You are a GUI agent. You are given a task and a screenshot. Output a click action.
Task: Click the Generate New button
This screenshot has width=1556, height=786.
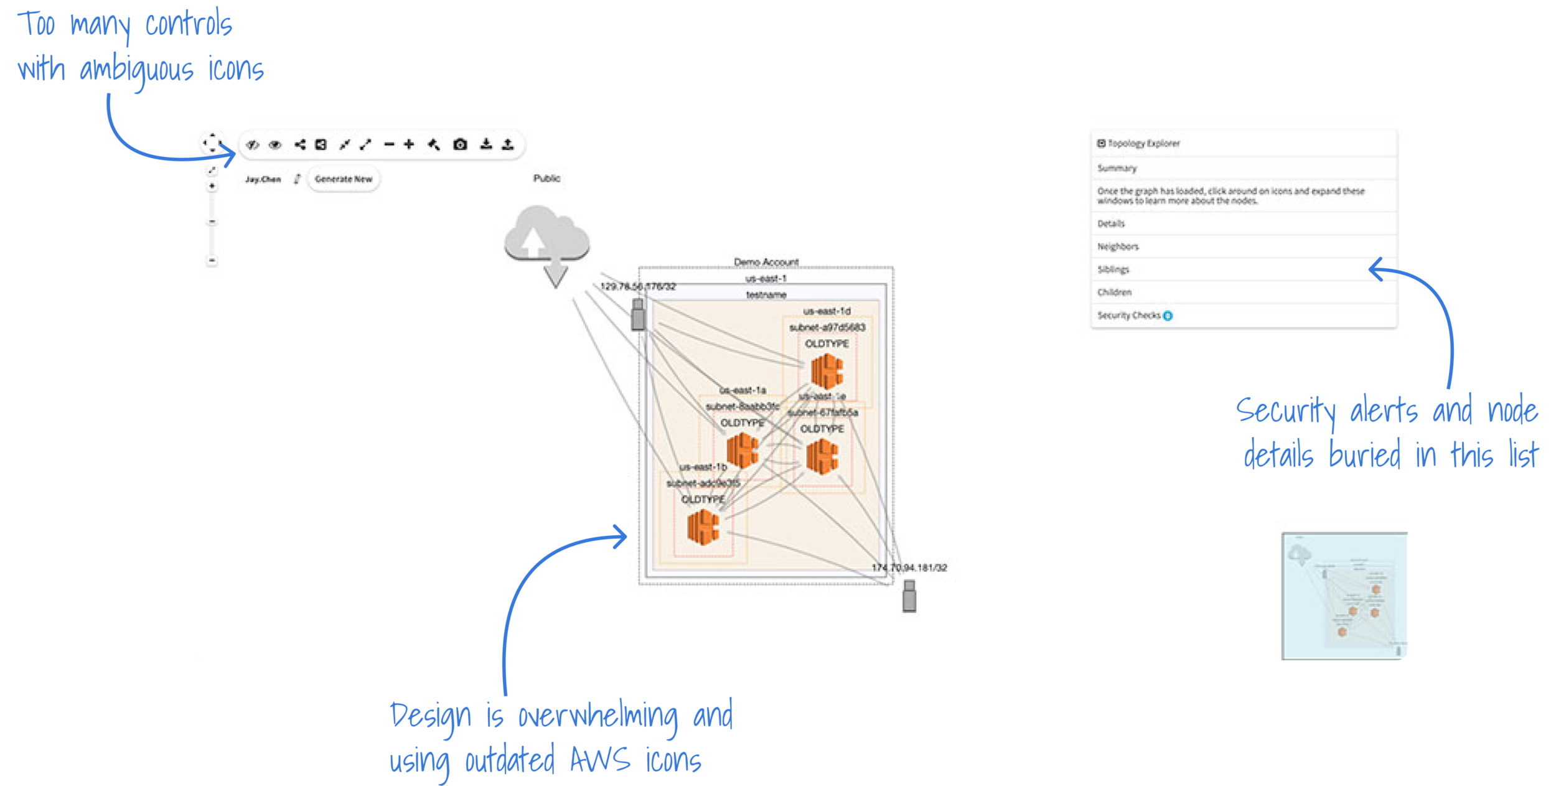343,179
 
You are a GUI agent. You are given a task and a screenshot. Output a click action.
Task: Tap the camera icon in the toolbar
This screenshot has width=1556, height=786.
460,144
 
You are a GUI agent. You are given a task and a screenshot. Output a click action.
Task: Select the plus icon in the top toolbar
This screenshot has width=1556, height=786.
409,144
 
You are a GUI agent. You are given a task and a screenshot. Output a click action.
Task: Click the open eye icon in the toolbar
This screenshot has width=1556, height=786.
275,145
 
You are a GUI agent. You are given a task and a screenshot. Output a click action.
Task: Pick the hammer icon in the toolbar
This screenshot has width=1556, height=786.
434,145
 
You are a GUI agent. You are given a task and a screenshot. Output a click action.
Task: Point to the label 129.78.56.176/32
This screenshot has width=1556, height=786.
638,286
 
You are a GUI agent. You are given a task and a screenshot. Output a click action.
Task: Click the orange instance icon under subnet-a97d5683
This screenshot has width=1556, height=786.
827,372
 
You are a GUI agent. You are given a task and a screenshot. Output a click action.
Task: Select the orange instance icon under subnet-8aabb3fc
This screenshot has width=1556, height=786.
743,451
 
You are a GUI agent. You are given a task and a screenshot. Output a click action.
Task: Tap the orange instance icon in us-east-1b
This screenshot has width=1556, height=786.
703,527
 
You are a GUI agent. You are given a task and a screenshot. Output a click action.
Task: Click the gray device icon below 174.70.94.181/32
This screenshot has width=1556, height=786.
909,596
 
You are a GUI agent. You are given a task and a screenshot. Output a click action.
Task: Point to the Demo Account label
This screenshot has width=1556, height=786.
766,262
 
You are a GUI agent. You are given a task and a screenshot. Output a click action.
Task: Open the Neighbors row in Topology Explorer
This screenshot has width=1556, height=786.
1118,246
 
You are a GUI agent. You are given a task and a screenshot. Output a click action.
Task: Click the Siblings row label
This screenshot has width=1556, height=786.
1113,269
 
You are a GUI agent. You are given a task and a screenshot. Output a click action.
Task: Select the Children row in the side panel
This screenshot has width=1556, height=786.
1115,292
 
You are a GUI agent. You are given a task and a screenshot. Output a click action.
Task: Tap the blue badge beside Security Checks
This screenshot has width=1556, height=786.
1168,316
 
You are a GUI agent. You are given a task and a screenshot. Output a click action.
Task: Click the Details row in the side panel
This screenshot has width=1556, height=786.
1111,223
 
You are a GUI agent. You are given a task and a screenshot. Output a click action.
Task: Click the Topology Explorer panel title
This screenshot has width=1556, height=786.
1143,143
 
